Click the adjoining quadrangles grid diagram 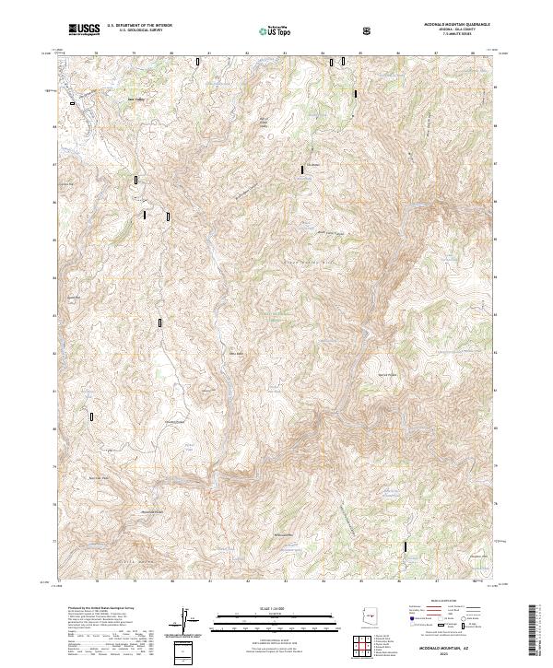[x=368, y=647]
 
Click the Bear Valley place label [x=135, y=97]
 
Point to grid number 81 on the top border [x=209, y=53]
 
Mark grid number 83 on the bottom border [x=286, y=582]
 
